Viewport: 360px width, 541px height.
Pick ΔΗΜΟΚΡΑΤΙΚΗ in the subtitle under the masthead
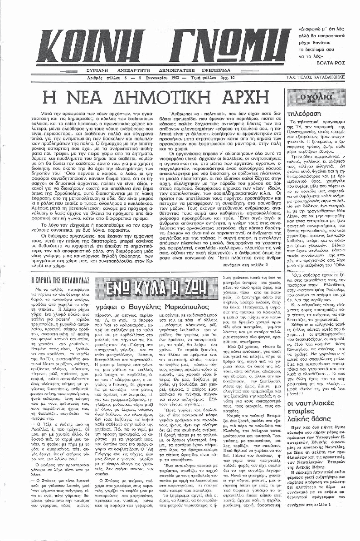(x=186, y=70)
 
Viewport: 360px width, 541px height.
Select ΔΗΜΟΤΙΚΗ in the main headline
(x=169, y=99)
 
